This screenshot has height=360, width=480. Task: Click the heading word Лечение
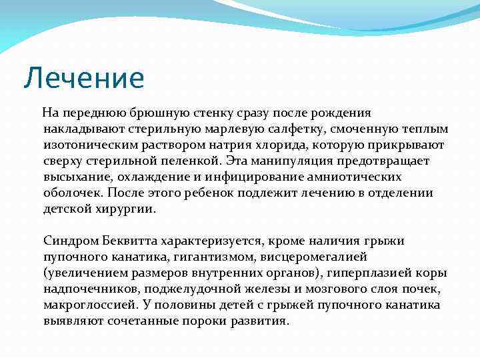[x=83, y=78]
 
